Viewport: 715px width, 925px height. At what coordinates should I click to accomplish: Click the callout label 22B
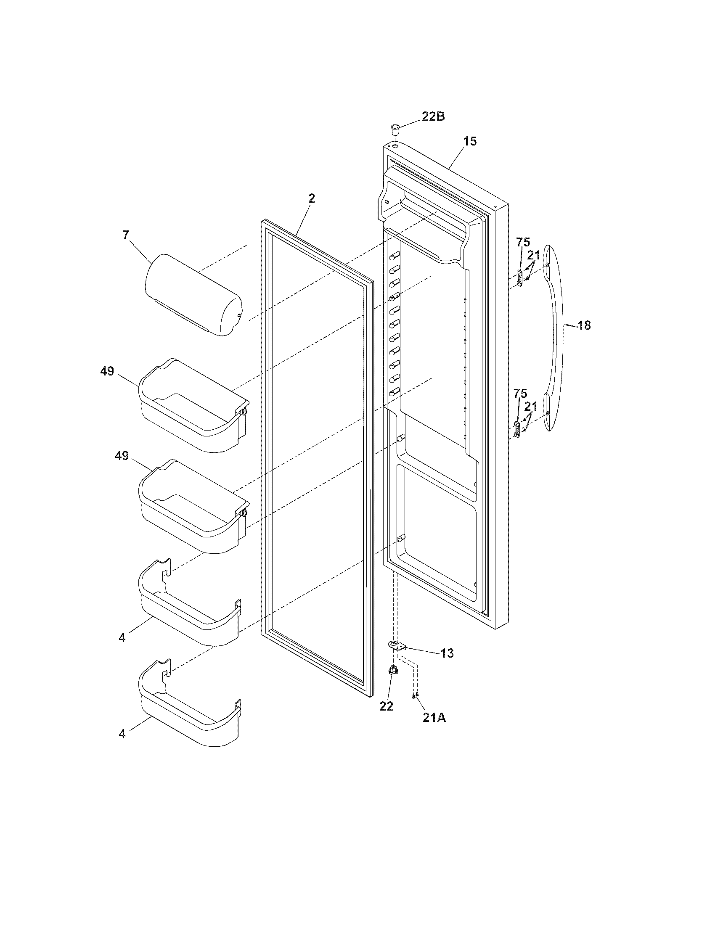pos(432,116)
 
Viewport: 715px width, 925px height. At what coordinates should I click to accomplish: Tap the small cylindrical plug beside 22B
pos(395,128)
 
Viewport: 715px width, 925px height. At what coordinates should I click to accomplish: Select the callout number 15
pos(469,141)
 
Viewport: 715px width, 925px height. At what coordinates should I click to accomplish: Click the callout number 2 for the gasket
pos(312,198)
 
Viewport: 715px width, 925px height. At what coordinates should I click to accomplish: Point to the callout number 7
pos(126,235)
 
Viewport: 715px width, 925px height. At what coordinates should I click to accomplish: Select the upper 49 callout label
pos(107,371)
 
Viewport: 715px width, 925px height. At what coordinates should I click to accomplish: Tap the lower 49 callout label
pos(122,456)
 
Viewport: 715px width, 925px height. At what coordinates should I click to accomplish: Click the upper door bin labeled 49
pos(193,407)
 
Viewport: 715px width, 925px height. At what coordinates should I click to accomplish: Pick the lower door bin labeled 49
pos(193,508)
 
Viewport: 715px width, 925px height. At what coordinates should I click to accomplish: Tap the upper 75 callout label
pos(523,242)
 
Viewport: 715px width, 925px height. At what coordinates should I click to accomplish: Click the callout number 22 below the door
pos(386,706)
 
